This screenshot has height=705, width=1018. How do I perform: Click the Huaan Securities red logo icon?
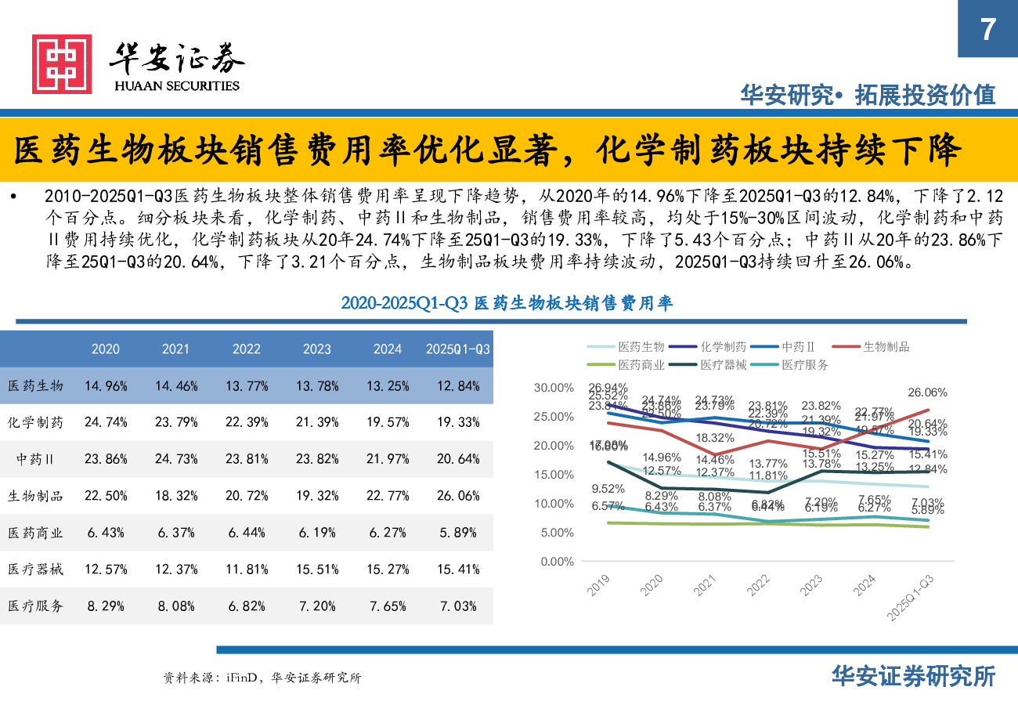[x=61, y=64]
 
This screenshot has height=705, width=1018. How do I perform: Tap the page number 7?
[x=987, y=29]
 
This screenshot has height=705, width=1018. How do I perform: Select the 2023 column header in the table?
[x=317, y=349]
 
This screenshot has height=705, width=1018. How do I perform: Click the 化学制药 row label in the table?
[x=35, y=422]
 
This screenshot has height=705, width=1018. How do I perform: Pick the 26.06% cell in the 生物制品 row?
[x=458, y=496]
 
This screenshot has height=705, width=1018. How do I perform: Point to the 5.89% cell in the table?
[x=458, y=533]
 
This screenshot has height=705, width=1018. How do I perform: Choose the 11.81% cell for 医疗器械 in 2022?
[x=247, y=569]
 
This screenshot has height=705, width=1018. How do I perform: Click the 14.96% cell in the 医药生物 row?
[x=106, y=385]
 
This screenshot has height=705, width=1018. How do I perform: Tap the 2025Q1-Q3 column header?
[x=458, y=349]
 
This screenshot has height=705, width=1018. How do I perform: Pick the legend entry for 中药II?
[x=799, y=346]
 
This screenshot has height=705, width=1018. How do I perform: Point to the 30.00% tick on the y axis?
[x=553, y=388]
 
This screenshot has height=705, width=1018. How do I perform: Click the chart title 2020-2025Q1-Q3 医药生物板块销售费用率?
[x=507, y=303]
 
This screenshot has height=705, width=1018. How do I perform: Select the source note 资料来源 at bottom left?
[x=262, y=678]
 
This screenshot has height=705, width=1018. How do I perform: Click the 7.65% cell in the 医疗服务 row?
[x=388, y=606]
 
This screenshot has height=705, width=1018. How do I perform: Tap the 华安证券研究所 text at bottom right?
[x=913, y=676]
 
